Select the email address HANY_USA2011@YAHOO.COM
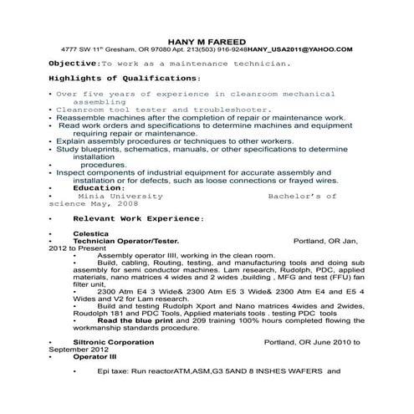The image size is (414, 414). pyautogui.click(x=304, y=49)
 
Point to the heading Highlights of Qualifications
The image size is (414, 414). pyautogui.click(x=125, y=78)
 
